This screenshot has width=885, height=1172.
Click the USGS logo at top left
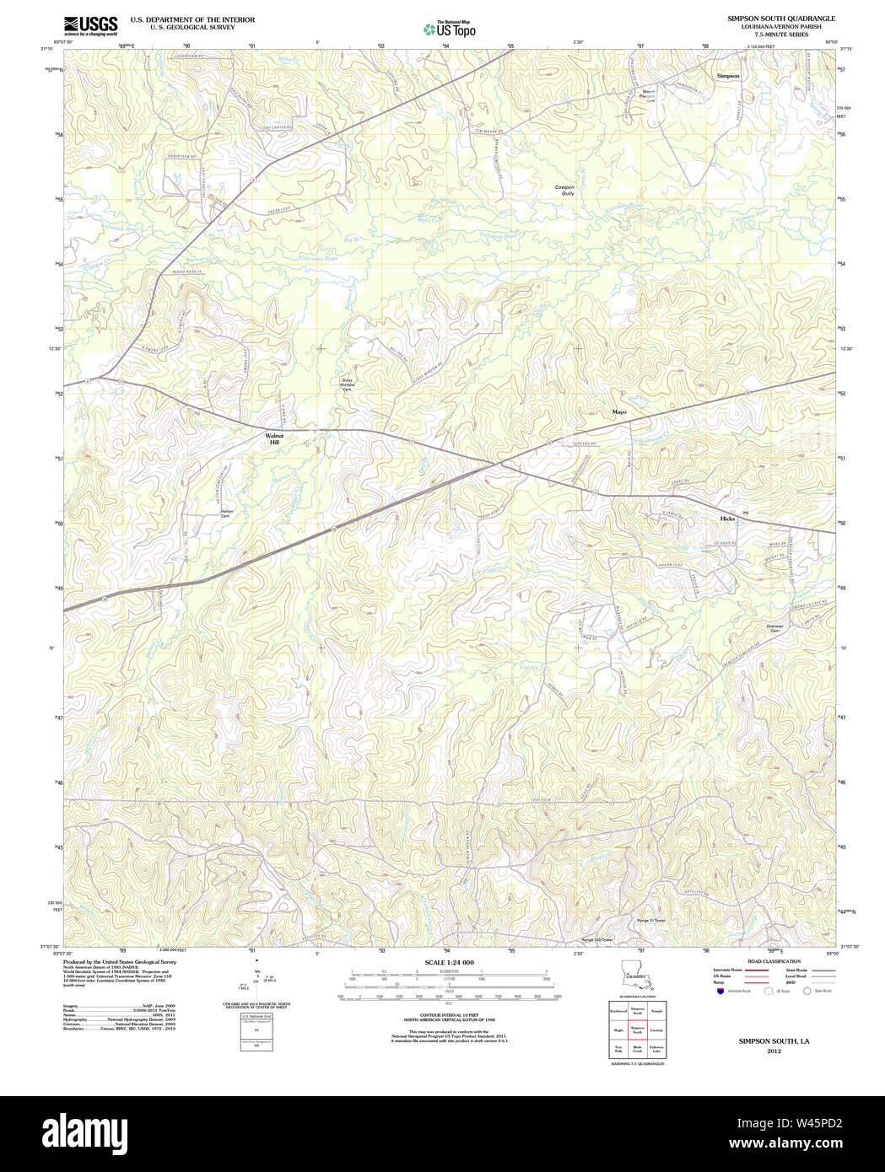coord(90,25)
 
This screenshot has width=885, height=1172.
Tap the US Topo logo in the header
coord(449,29)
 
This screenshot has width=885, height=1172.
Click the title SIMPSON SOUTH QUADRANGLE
coord(781,19)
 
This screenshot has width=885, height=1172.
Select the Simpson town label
coord(727,76)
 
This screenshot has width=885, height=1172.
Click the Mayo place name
coord(619,412)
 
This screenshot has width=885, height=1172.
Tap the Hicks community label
coord(727,519)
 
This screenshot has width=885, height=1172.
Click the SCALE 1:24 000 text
coord(449,962)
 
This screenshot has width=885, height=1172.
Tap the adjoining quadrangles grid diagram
coord(637,1030)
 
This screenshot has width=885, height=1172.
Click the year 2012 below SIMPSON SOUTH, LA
coord(774,1051)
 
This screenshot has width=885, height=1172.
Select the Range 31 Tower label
coord(650,921)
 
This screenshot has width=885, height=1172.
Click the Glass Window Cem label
coord(347,384)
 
